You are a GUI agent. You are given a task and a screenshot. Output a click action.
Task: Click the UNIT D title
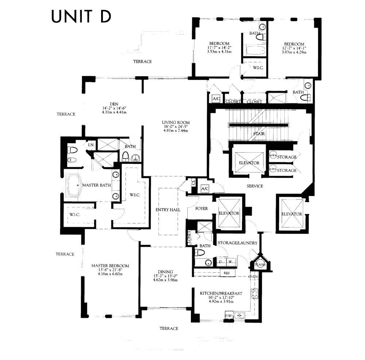pyautogui.click(x=81, y=16)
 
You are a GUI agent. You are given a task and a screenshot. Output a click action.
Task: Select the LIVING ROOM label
pyautogui.click(x=176, y=122)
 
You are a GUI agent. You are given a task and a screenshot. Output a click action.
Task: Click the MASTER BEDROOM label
pyautogui.click(x=110, y=266)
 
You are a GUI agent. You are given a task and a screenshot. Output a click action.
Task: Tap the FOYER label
pyautogui.click(x=201, y=208)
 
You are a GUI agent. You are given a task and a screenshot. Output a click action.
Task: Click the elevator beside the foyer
pyautogui.click(x=229, y=213)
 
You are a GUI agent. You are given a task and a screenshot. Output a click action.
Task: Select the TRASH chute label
pyautogui.click(x=260, y=265)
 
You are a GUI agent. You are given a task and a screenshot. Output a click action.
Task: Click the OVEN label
pyautogui.click(x=253, y=276)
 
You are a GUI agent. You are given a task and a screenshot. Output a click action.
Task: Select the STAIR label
pyautogui.click(x=258, y=134)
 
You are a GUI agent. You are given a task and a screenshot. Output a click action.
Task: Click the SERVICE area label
pyautogui.click(x=254, y=186)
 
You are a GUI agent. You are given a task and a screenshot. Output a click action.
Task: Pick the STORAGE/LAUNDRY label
pyautogui.click(x=237, y=243)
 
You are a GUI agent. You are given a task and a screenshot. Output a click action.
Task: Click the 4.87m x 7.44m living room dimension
pyautogui.click(x=176, y=130)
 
